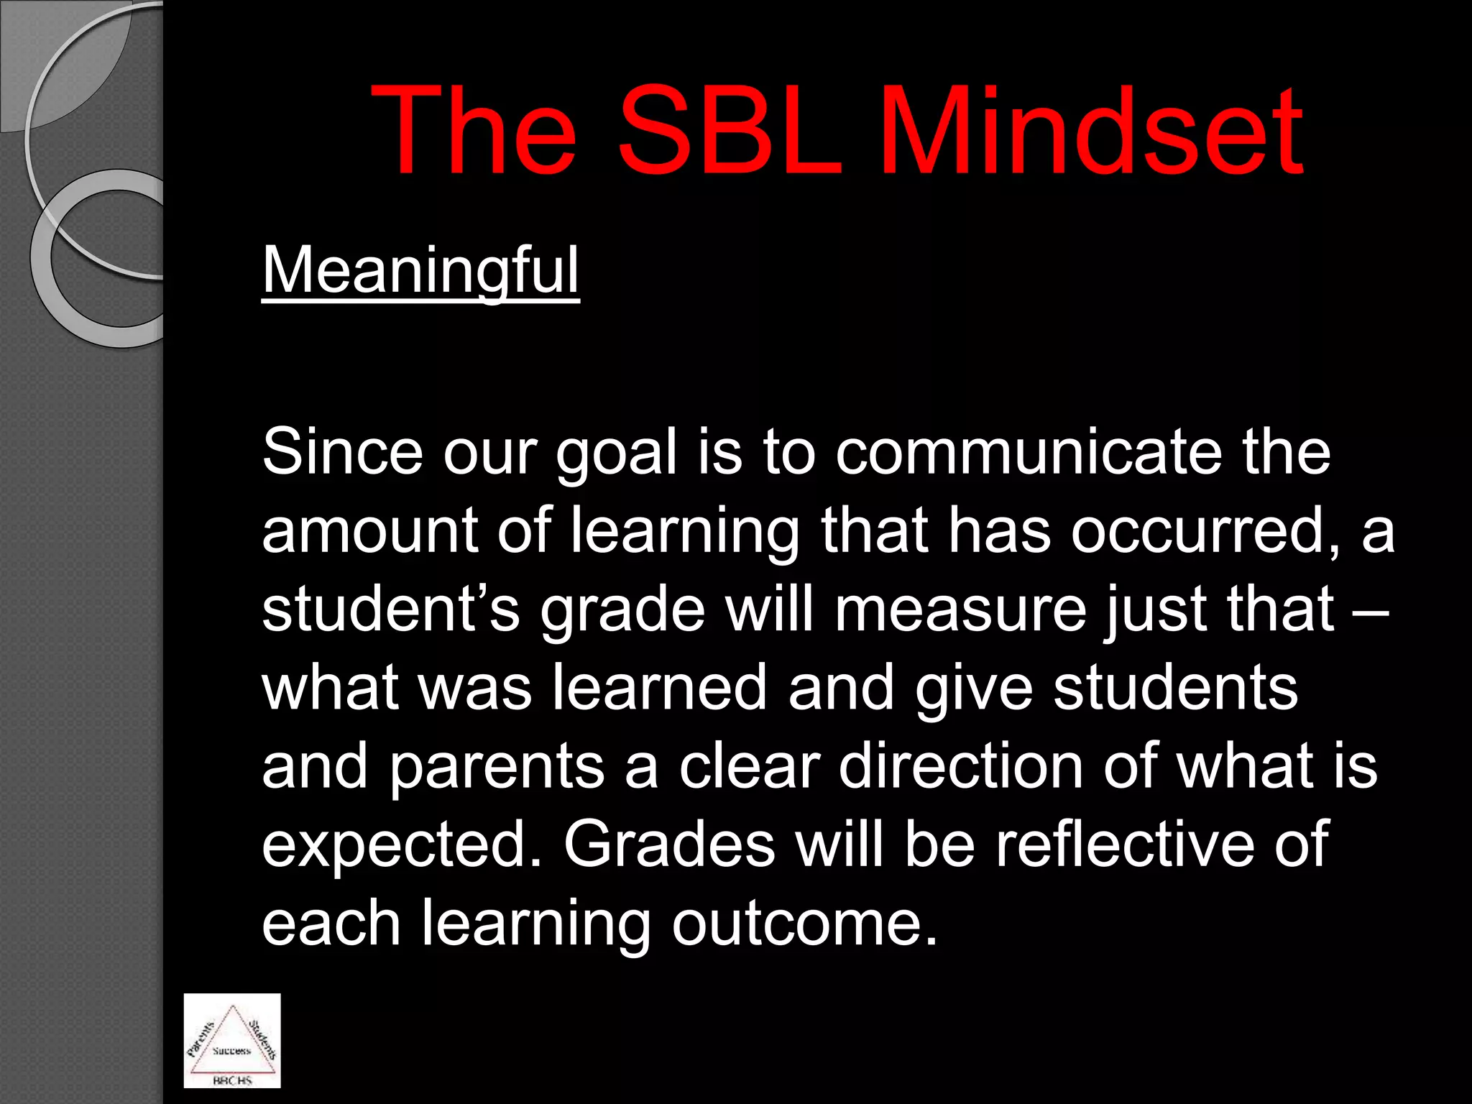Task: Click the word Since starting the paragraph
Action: (342, 453)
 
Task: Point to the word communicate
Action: (1029, 453)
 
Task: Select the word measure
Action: (960, 610)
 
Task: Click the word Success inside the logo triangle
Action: (231, 1051)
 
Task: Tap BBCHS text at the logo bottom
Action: (232, 1080)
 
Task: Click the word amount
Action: (370, 531)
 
